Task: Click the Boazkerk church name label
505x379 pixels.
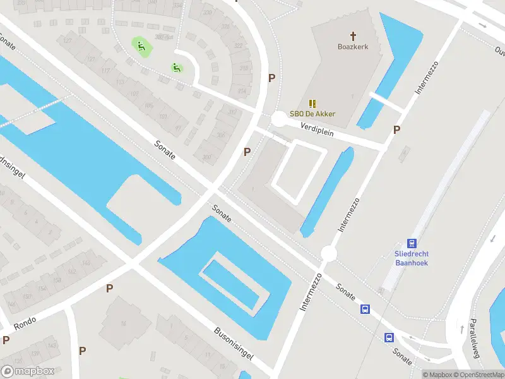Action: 353,46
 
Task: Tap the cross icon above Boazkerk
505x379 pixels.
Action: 353,35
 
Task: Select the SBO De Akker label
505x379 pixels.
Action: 312,114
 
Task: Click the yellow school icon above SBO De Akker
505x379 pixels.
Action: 312,103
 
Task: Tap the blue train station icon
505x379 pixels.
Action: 412,243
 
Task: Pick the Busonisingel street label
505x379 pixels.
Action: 234,343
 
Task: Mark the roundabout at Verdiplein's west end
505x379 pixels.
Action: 278,119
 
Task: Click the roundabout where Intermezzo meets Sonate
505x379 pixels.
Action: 329,253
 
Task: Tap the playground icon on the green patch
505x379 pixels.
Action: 140,45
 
